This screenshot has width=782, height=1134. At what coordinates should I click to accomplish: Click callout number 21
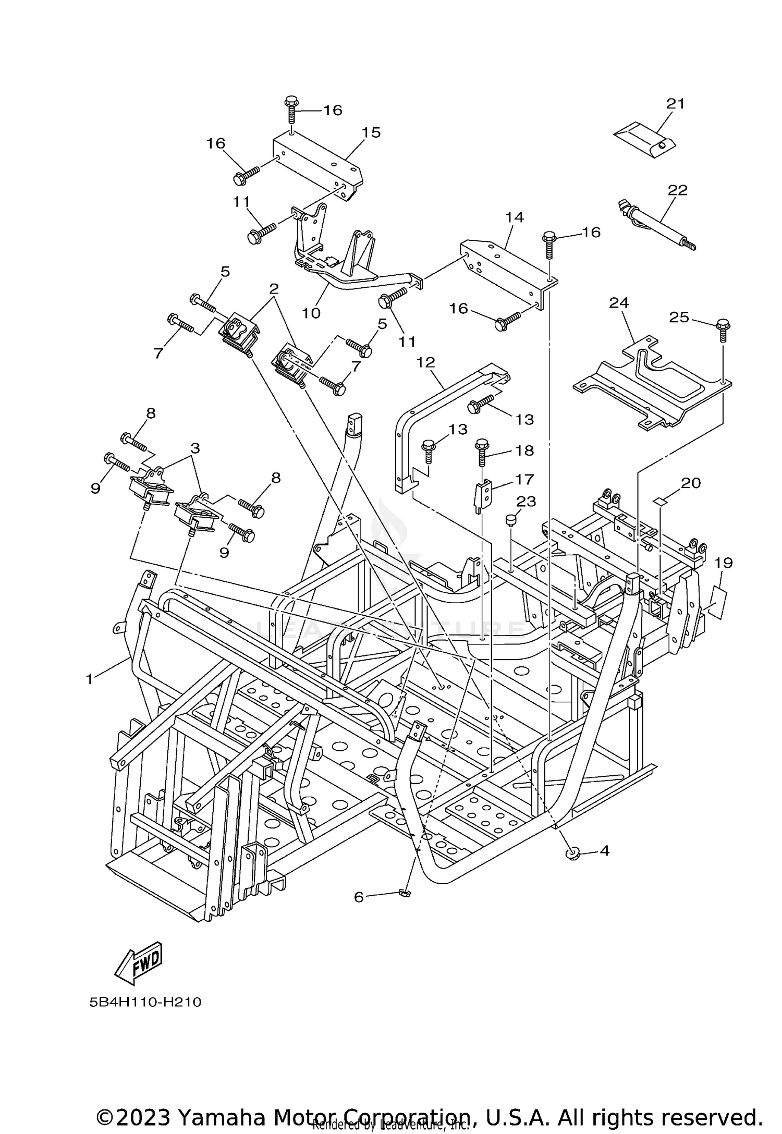pyautogui.click(x=675, y=104)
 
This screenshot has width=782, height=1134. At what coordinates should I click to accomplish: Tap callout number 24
pyautogui.click(x=619, y=302)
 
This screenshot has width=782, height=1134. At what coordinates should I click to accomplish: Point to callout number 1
pyautogui.click(x=90, y=678)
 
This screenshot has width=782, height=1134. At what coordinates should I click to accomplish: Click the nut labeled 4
pyautogui.click(x=573, y=853)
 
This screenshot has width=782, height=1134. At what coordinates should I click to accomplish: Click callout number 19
pyautogui.click(x=724, y=563)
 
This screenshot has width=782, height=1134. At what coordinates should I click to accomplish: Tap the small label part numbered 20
pyautogui.click(x=660, y=501)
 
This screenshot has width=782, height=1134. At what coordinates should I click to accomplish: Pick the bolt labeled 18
pyautogui.click(x=482, y=452)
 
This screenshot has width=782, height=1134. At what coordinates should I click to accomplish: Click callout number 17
pyautogui.click(x=524, y=479)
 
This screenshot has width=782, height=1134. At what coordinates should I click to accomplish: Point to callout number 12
pyautogui.click(x=425, y=362)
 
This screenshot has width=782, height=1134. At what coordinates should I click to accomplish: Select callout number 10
pyautogui.click(x=311, y=313)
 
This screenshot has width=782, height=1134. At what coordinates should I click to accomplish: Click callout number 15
pyautogui.click(x=372, y=132)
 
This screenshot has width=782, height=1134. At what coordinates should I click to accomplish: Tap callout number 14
pyautogui.click(x=514, y=217)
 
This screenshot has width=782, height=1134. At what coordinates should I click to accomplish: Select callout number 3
pyautogui.click(x=195, y=448)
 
